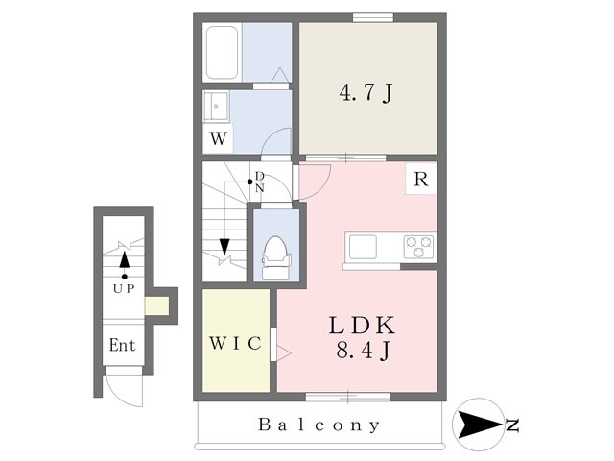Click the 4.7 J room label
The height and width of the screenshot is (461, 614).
click(x=366, y=93)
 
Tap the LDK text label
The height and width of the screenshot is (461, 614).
click(x=362, y=325)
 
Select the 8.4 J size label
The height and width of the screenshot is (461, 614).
click(x=363, y=350)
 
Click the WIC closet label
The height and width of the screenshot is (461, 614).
click(x=235, y=344)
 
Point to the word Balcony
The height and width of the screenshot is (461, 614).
click(x=319, y=425)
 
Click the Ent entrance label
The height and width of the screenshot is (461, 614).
click(x=123, y=345)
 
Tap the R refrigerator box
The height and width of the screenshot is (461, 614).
click(x=421, y=180)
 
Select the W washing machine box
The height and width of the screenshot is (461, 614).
click(x=218, y=138)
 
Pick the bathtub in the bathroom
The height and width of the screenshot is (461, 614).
click(x=222, y=52)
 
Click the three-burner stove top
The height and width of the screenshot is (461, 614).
click(x=418, y=247)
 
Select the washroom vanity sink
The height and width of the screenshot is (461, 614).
click(x=216, y=107)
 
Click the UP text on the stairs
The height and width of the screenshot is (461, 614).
click(x=124, y=289)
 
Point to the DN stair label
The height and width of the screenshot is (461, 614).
click(x=260, y=182)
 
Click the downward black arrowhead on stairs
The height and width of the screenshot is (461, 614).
click(x=224, y=247)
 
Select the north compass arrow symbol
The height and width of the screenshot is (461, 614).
click(x=480, y=425)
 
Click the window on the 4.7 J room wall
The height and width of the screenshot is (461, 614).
click(x=373, y=17)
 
